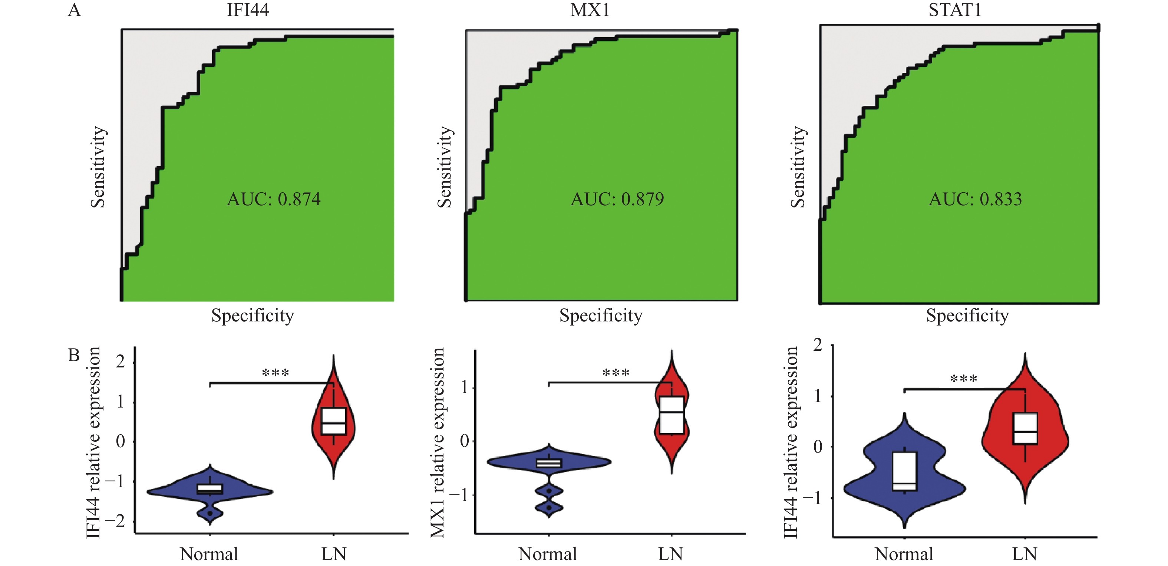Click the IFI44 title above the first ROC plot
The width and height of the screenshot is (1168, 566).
point(248,10)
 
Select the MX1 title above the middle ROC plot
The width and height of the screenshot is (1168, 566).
point(590,10)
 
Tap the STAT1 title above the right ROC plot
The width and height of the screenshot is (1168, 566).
point(955,10)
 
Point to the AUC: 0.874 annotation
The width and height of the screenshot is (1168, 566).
point(273,199)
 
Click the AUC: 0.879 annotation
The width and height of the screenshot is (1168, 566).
point(617,199)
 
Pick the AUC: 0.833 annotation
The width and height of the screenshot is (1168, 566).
point(975,199)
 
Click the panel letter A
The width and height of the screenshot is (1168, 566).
point(75,10)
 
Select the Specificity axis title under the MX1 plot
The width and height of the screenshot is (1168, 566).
point(601,315)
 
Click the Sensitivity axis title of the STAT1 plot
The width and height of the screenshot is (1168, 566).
point(798,167)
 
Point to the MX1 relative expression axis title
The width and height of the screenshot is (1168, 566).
point(438,442)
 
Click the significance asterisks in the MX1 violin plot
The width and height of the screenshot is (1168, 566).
point(616,373)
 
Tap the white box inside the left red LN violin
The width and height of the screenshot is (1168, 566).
point(334,421)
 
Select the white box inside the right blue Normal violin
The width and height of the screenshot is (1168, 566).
point(905,471)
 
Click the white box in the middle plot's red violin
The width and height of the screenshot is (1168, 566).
point(672,415)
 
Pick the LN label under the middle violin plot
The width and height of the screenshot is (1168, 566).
point(670,554)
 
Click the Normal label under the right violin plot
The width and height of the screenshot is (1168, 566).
point(904,554)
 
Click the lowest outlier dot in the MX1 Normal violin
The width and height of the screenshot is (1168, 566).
point(549,507)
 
